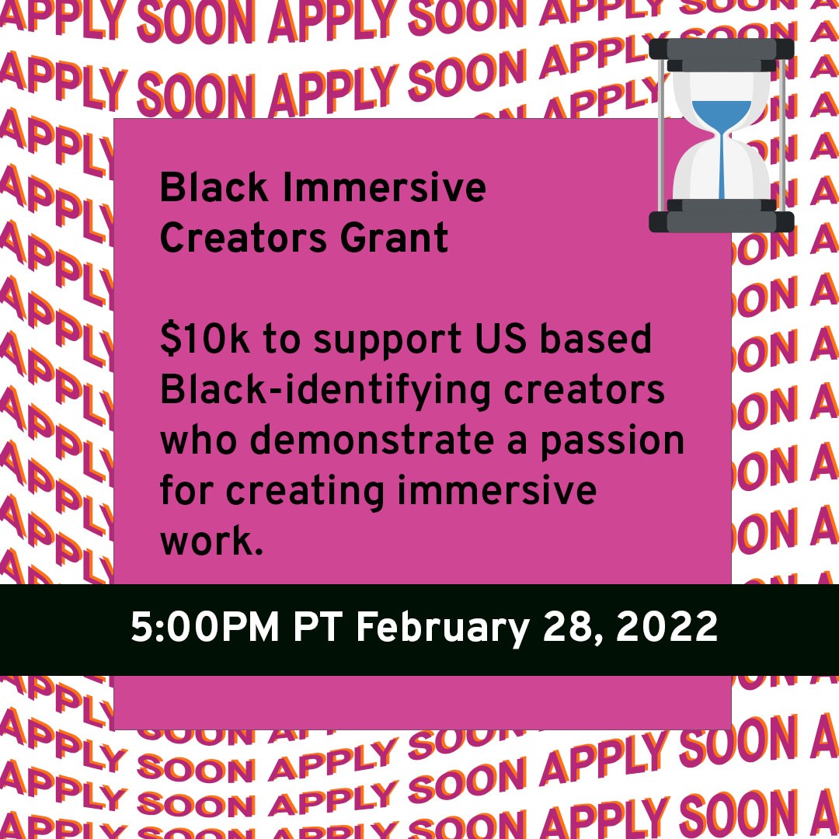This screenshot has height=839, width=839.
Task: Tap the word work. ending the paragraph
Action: (207, 541)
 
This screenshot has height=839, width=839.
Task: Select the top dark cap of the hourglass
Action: (722, 49)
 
